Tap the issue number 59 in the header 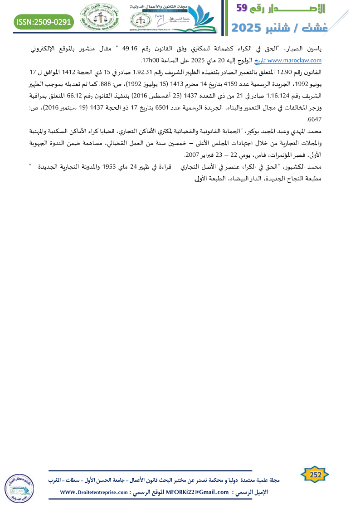242,8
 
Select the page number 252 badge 315,475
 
